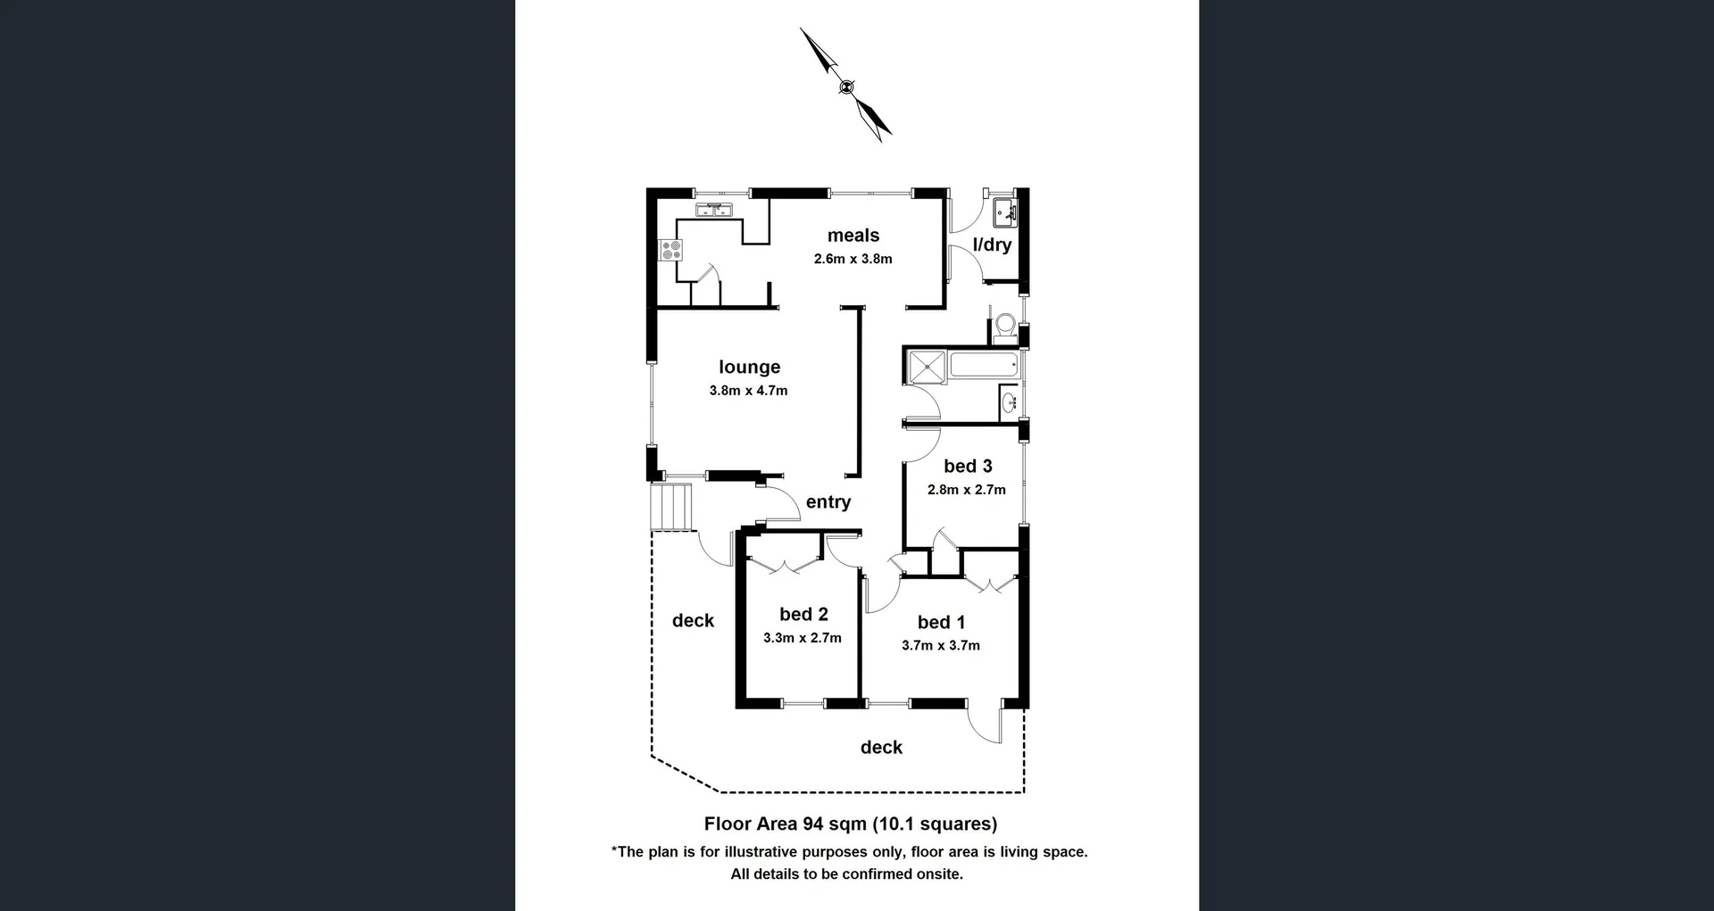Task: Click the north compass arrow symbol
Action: pos(846,86)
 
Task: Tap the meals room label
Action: pos(853,236)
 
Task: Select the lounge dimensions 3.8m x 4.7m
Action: pos(748,391)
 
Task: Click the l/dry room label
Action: pos(992,244)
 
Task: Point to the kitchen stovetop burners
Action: pos(671,250)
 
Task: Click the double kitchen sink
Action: pos(714,211)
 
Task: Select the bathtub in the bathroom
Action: pos(984,364)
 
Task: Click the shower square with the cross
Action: pos(927,367)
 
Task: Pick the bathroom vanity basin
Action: pos(1010,402)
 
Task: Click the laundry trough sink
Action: pos(1005,213)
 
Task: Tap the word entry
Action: pos(828,502)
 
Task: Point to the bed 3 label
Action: pos(968,467)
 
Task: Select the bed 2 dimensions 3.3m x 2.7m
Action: pos(802,638)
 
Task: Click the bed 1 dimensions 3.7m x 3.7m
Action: pos(940,646)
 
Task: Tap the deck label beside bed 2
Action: pos(693,621)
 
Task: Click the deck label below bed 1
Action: pos(881,748)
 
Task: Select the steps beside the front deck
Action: pos(672,507)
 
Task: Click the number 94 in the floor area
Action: pos(812,824)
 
